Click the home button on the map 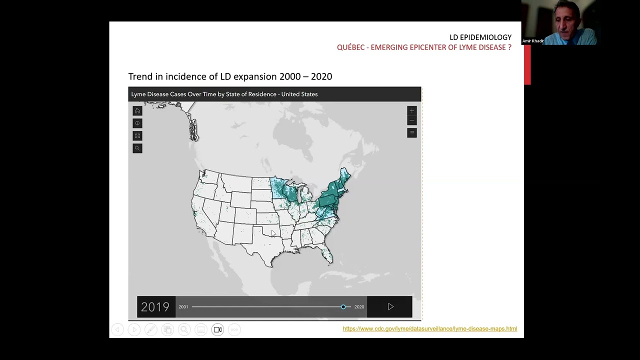click(137, 111)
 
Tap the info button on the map click(137, 123)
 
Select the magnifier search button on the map click(137, 148)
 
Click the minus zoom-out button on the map click(412, 120)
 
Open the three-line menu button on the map click(412, 132)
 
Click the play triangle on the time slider click(390, 306)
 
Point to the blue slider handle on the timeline click(343, 306)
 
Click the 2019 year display click(155, 306)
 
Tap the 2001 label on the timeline click(183, 307)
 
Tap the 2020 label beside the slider click(359, 307)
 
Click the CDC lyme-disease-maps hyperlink click(429, 328)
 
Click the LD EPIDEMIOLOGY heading click(480, 37)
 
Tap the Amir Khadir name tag click(532, 41)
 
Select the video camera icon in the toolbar click(217, 329)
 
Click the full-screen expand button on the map click(137, 136)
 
